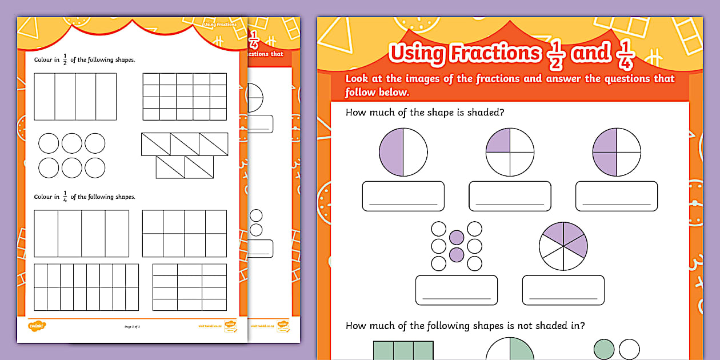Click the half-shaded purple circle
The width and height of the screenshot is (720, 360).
pyautogui.click(x=403, y=152)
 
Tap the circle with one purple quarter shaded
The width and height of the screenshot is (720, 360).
pyautogui.click(x=510, y=152)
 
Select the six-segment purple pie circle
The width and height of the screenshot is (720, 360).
pyautogui.click(x=563, y=246)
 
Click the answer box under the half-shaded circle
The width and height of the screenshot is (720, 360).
pyautogui.click(x=403, y=196)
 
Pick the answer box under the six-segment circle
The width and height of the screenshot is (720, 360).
pyautogui.click(x=563, y=290)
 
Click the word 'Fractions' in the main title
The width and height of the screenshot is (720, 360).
pyautogui.click(x=495, y=54)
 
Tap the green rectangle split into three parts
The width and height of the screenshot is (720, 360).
pyautogui.click(x=403, y=350)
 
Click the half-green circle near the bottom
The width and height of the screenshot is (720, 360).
pyautogui.click(x=510, y=349)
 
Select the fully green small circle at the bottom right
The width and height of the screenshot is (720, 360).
pyautogui.click(x=604, y=349)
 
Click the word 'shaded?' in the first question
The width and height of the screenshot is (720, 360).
pyautogui.click(x=486, y=112)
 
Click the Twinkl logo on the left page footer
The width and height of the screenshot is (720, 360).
pyautogui.click(x=37, y=326)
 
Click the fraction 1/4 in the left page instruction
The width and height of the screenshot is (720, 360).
pyautogui.click(x=65, y=197)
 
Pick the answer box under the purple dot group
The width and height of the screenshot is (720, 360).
pyautogui.click(x=456, y=290)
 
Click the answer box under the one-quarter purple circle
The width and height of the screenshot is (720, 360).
pyautogui.click(x=510, y=196)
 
